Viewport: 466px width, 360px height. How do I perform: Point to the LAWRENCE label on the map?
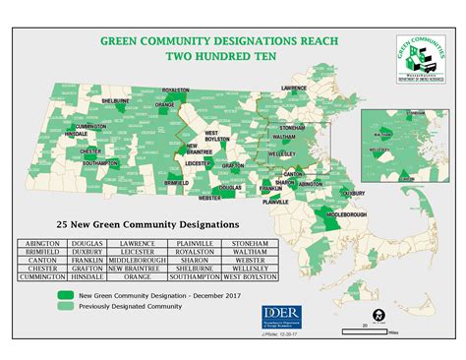[x=295, y=89]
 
